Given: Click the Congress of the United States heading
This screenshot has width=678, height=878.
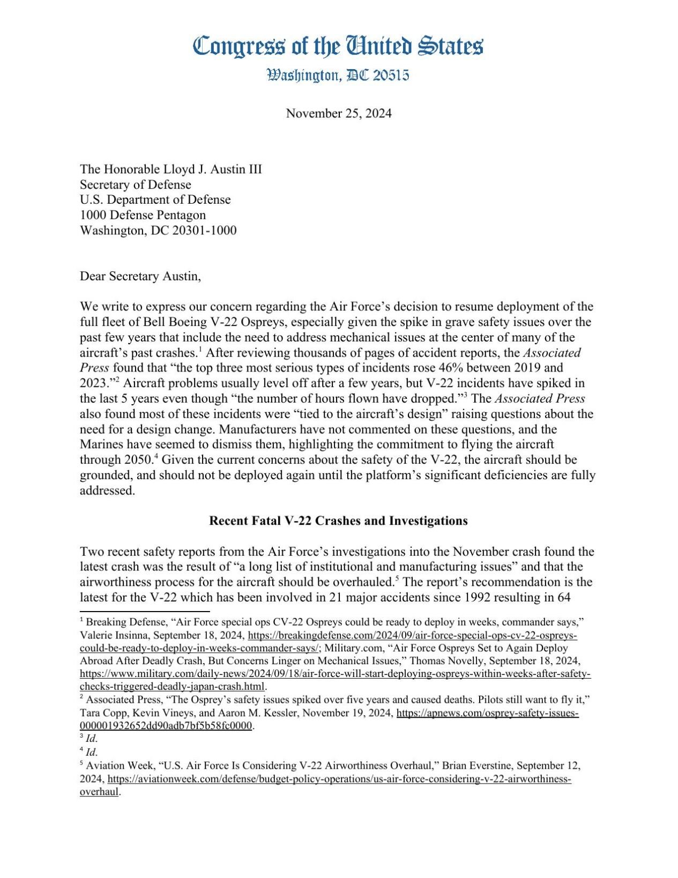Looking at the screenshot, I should pyautogui.click(x=338, y=46).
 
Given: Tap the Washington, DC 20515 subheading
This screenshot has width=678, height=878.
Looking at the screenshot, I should pyautogui.click(x=338, y=75).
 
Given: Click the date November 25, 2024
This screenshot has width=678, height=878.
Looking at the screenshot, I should pyautogui.click(x=338, y=113).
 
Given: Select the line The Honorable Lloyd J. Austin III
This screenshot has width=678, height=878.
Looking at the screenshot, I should pyautogui.click(x=170, y=169).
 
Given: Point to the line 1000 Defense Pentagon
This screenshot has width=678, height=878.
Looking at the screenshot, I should pyautogui.click(x=143, y=215).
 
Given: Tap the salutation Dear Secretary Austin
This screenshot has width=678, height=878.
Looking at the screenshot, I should pyautogui.click(x=140, y=276).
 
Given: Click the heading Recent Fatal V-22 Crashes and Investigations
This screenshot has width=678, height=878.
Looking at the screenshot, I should pyautogui.click(x=338, y=520).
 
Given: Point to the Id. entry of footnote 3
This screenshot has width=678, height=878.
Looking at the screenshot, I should pyautogui.click(x=92, y=739).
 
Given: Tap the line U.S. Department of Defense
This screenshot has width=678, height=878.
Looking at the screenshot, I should pyautogui.click(x=155, y=200).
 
